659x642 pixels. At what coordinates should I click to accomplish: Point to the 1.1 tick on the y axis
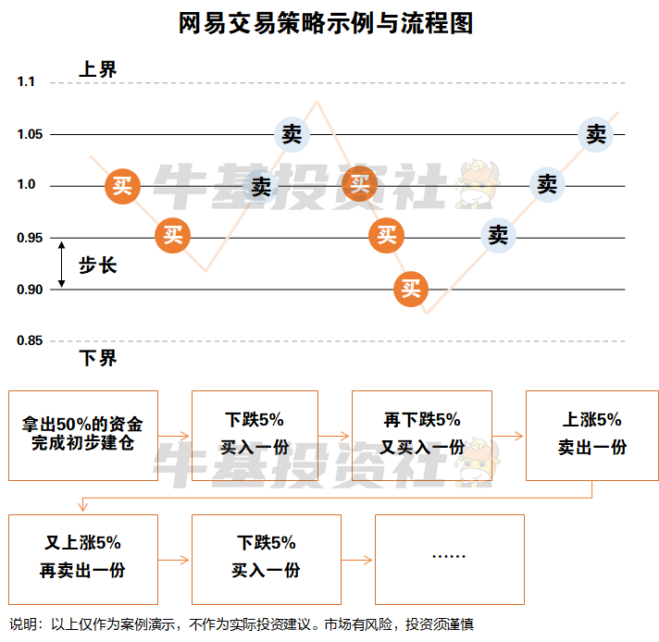pos(25,82)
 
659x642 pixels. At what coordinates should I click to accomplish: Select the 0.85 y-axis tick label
pos(30,341)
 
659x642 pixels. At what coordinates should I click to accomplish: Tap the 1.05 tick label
pos(30,135)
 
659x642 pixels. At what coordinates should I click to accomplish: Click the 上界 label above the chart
pos(97,68)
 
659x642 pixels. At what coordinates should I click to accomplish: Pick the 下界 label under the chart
pos(97,358)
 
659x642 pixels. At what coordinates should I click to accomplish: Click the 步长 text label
pos(97,265)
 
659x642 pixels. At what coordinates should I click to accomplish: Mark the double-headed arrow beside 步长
pos(62,265)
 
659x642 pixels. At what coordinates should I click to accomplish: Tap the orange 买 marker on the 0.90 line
pos(411,289)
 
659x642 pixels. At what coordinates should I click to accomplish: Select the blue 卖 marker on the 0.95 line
pos(498,236)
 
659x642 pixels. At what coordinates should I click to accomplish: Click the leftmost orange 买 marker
pos(122,186)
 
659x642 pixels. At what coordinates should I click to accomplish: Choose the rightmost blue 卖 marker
pos(596,134)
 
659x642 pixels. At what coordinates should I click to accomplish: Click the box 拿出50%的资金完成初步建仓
pos(83,436)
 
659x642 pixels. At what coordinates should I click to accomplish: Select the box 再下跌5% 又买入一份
pos(422,434)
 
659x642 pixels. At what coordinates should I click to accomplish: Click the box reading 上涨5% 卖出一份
pos(592,434)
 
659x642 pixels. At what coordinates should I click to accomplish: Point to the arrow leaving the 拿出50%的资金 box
pos(175,436)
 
